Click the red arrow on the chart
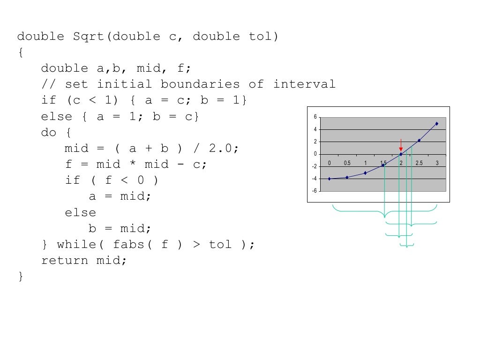click(401, 144)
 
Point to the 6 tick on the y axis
click(315, 117)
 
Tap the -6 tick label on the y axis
click(315, 191)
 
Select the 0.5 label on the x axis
click(347, 163)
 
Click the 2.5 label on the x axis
click(419, 163)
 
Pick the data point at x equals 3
click(437, 124)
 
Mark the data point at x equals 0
click(329, 179)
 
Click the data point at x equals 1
click(365, 173)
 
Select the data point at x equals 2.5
click(419, 140)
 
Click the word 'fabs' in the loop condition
click(128, 245)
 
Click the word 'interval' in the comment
click(305, 84)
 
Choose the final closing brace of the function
click(20, 277)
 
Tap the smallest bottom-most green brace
click(407, 245)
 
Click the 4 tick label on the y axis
click(315, 129)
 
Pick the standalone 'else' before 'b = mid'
click(81, 213)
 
